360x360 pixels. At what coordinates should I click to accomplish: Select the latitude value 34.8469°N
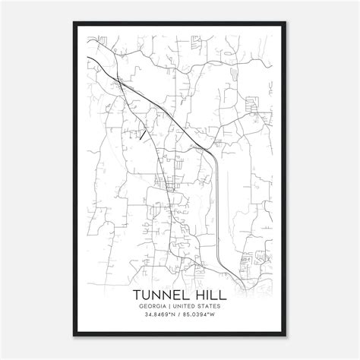pos(158,317)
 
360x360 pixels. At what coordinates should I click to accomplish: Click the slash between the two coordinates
pos(179,317)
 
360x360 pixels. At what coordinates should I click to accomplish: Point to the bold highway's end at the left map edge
pos(87,56)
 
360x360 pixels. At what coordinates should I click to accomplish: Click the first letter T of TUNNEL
pos(137,293)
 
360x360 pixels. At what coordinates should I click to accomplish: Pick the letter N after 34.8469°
pos(172,317)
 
